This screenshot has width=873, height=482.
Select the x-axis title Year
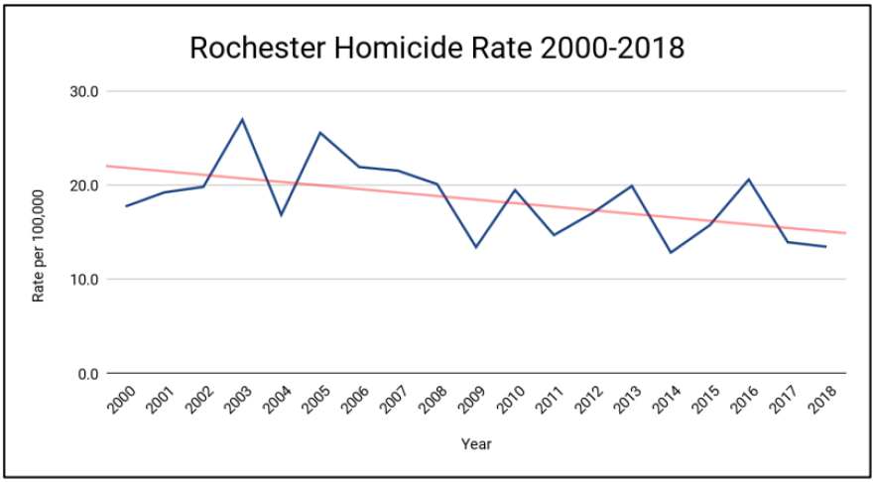476,444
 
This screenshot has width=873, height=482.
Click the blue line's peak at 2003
242,119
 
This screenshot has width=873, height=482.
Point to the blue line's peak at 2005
320,132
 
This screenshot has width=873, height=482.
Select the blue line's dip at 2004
282,215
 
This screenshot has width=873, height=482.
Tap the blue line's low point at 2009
476,247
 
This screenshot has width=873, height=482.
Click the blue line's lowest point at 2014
671,253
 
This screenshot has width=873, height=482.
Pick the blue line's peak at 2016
748,180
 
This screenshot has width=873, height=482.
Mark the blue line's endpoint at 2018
826,247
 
